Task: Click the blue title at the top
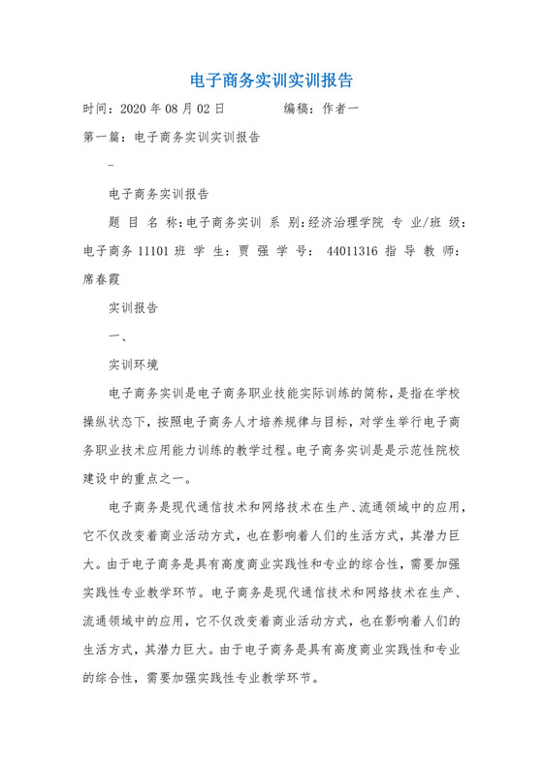pyautogui.click(x=271, y=79)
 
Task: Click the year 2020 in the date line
pyautogui.click(x=136, y=110)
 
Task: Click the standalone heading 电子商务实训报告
pyautogui.click(x=162, y=194)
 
